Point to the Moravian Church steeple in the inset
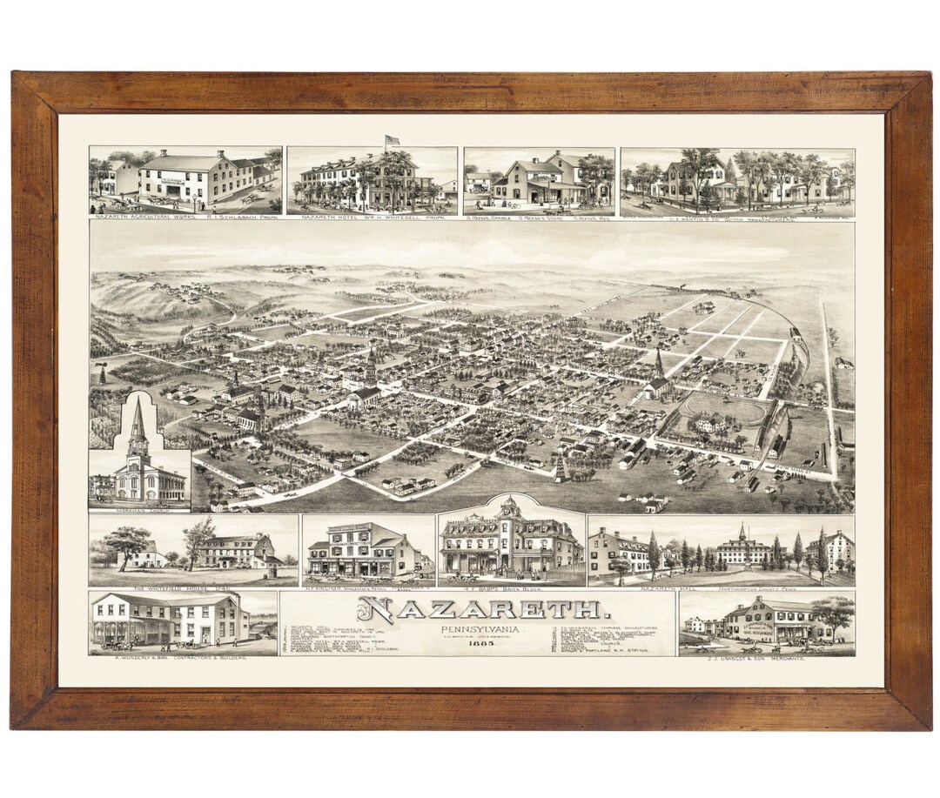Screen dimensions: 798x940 [x=138, y=426]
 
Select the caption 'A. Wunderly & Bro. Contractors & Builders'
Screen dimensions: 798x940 [x=182, y=659]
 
